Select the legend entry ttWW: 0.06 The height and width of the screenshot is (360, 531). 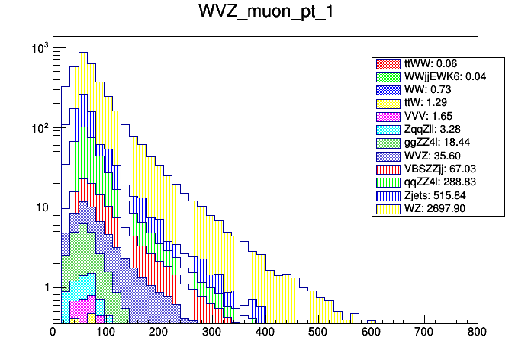[431, 64]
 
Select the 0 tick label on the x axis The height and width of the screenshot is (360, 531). [53, 332]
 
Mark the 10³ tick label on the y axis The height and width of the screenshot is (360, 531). [39, 48]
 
